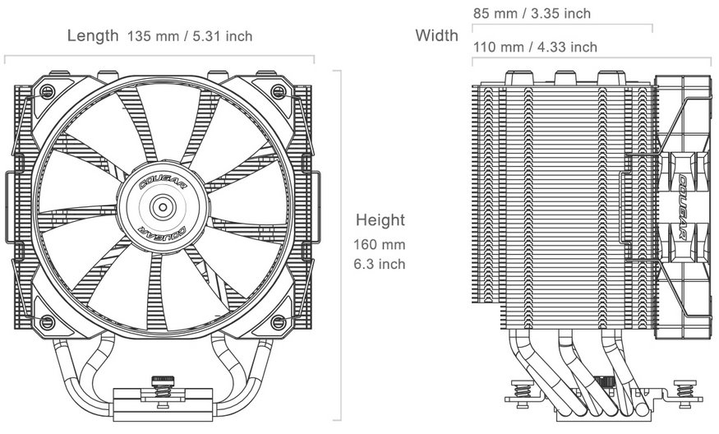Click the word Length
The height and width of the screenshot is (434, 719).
click(94, 35)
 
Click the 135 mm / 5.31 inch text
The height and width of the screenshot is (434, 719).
click(190, 36)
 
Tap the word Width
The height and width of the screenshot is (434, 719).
click(436, 35)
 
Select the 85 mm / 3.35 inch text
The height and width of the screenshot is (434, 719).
click(531, 13)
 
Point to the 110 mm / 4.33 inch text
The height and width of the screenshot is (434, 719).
click(534, 47)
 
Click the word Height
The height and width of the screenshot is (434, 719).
click(380, 220)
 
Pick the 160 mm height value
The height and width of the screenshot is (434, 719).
click(380, 244)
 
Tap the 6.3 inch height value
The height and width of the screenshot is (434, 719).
click(380, 265)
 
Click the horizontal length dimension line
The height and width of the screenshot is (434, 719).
click(159, 57)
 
